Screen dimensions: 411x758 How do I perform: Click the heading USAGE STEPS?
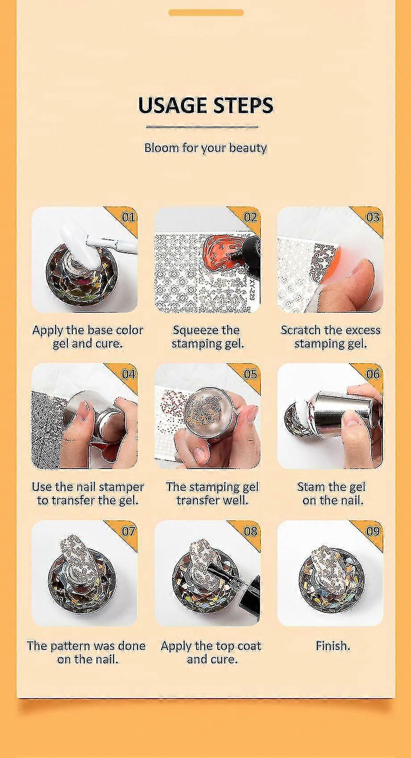coord(205,105)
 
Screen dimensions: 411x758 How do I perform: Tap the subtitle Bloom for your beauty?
coord(205,148)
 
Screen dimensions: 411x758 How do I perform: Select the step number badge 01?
coord(128,217)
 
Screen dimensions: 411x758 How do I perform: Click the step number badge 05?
coord(251,374)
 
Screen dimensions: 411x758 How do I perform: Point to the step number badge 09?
coord(373,531)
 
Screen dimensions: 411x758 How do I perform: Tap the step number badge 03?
coord(373,217)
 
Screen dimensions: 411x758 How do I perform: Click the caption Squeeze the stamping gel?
coord(207,337)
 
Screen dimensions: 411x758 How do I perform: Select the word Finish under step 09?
coord(333,645)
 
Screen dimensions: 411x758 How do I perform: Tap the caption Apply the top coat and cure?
coord(211,653)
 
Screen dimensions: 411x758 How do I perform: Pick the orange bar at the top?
coord(206,13)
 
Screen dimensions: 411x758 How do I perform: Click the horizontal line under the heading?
coord(202,127)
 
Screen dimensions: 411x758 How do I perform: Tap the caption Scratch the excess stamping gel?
coord(331,337)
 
